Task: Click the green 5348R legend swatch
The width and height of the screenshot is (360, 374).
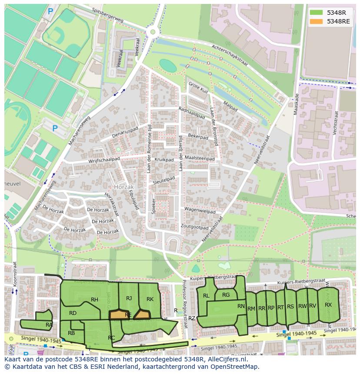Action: tap(317, 13)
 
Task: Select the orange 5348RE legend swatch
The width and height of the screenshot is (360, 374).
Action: tap(317, 21)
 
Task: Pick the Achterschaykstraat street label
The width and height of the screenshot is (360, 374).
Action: tap(229, 56)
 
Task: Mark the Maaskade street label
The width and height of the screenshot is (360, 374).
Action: tap(296, 104)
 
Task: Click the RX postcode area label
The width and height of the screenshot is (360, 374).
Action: tap(328, 305)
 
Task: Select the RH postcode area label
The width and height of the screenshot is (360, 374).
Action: tap(94, 299)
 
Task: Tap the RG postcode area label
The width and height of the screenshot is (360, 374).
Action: tap(226, 295)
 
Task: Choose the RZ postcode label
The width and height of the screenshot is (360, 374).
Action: tap(191, 318)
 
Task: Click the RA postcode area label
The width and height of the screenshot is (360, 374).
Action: tap(49, 324)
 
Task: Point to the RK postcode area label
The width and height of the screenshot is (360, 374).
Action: tap(150, 299)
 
